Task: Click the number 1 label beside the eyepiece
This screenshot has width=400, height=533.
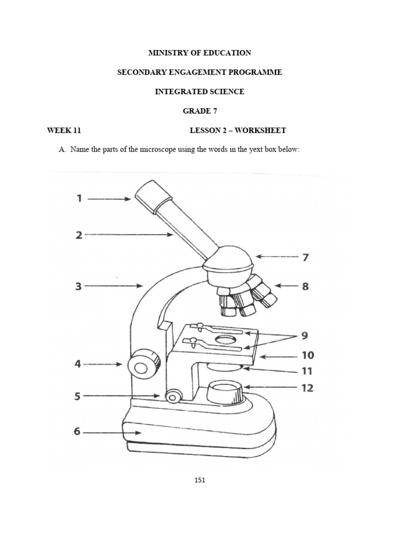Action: pyautogui.click(x=79, y=198)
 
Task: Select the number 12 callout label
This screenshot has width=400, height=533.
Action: pyautogui.click(x=307, y=388)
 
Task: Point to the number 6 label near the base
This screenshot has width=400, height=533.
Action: pyautogui.click(x=77, y=432)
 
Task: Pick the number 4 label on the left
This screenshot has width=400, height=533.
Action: pyautogui.click(x=78, y=364)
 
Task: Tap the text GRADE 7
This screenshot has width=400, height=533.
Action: pyautogui.click(x=200, y=111)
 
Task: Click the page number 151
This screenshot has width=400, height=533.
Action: pyautogui.click(x=200, y=480)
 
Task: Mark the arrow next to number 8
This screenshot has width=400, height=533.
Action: pyautogui.click(x=285, y=285)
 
